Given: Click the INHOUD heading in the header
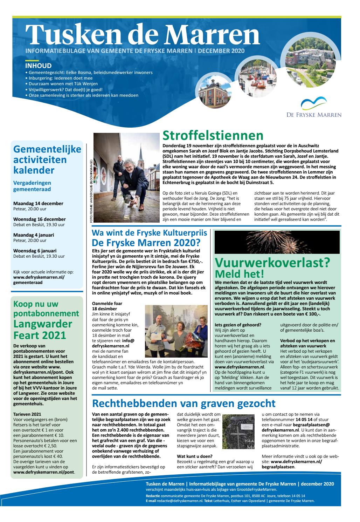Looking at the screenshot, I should click(x=39, y=66).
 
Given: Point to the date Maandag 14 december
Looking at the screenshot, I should click(x=38, y=203).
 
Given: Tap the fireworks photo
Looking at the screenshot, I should click(x=277, y=242).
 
